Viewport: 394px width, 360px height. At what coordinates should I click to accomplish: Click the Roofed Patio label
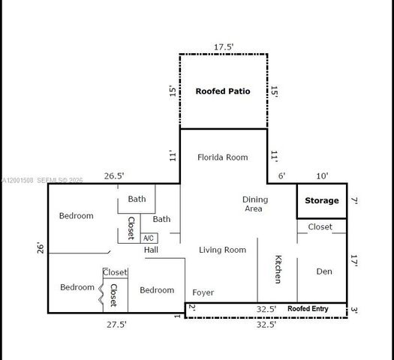click(222, 91)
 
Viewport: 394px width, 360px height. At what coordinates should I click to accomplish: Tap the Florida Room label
click(222, 157)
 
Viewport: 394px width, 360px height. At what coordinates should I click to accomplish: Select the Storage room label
click(321, 201)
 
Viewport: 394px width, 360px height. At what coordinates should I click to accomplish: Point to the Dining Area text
click(254, 204)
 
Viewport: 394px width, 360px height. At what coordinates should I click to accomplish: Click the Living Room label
click(222, 250)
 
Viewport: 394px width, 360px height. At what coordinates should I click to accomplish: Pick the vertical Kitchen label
click(278, 269)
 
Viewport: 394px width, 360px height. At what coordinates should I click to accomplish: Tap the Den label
click(323, 271)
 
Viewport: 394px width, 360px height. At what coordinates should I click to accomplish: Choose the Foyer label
click(203, 292)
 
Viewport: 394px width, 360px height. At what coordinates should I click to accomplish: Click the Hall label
click(151, 250)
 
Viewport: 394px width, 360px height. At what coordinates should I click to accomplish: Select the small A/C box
click(148, 238)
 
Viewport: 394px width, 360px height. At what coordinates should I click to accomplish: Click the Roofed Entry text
click(308, 308)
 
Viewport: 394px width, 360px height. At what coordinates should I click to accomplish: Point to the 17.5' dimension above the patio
click(224, 47)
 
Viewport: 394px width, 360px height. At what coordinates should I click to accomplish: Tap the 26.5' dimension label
click(114, 176)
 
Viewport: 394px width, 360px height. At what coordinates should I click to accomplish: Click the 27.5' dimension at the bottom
click(116, 325)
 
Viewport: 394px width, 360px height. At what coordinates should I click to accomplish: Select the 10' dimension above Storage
click(322, 176)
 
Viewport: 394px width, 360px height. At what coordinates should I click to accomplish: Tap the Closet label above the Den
click(320, 226)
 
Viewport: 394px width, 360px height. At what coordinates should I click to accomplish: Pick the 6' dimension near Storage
click(281, 176)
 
